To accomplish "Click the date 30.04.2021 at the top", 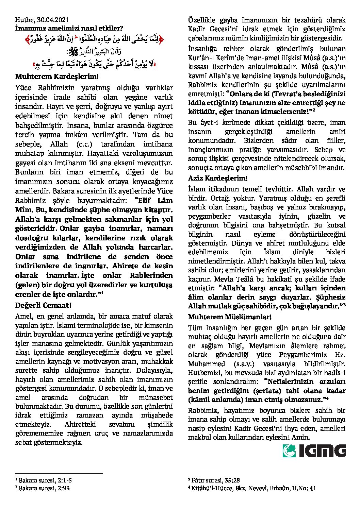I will [x=55, y=20].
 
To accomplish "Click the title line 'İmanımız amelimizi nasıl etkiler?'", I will [x=69, y=29].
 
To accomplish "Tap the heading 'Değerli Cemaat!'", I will [x=43, y=305].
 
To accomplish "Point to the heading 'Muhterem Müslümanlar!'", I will [x=230, y=317].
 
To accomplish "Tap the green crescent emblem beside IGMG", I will [x=289, y=451].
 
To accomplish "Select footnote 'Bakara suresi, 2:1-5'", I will [x=44, y=480].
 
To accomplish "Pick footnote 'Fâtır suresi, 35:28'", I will [x=214, y=480].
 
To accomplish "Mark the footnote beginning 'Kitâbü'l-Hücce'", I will [x=252, y=488].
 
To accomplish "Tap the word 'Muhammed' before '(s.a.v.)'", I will [x=207, y=363].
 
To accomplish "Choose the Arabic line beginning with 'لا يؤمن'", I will [x=94, y=64].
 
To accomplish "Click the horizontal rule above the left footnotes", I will [x=59, y=473].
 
